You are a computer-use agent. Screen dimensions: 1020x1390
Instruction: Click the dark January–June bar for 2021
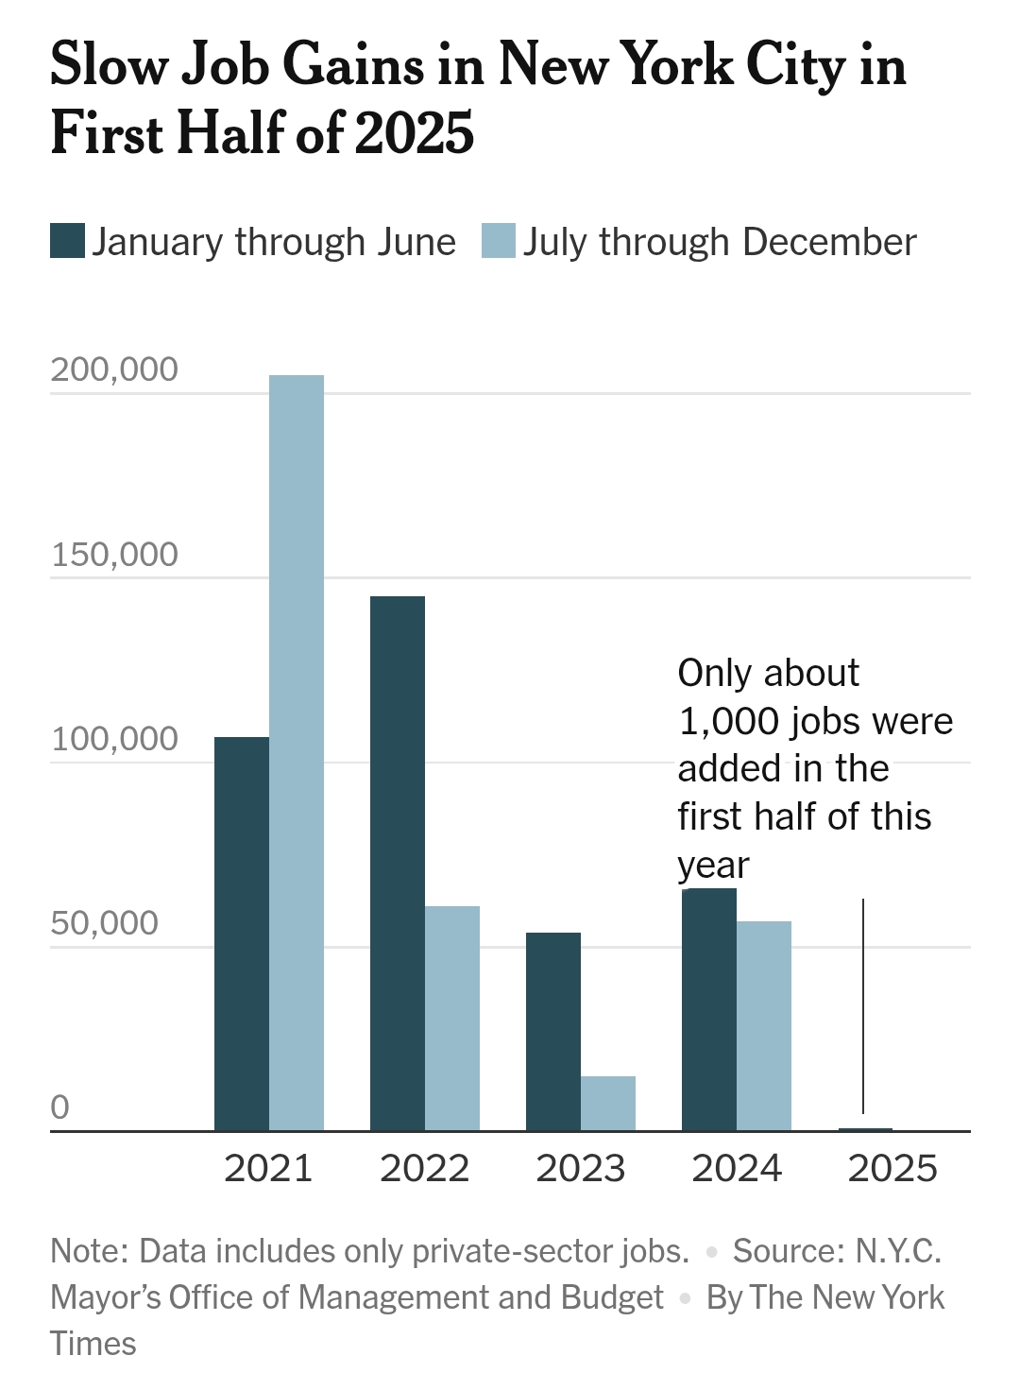coord(242,934)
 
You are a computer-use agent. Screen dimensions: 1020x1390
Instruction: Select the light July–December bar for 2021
coord(297,753)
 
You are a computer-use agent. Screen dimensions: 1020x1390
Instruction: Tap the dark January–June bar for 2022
coord(398,864)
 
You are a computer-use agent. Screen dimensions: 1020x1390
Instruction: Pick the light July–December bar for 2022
coord(452,1019)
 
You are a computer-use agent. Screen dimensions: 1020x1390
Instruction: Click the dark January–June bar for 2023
coord(553,1032)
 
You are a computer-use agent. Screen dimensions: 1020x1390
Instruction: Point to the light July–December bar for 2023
coord(607,1104)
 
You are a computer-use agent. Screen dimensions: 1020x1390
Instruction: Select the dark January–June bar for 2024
coord(709,1009)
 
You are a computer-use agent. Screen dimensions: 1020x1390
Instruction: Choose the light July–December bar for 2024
coord(764,1026)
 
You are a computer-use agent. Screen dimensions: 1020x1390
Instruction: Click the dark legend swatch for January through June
coord(67,241)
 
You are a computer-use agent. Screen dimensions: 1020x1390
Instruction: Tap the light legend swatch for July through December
coord(499,241)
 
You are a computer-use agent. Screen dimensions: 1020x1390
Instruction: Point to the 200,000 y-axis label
coord(114,369)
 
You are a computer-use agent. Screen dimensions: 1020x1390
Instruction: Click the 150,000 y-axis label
coord(114,554)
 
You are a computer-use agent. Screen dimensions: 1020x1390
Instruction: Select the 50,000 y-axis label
coord(104,923)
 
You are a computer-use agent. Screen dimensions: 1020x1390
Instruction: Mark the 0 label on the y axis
coord(59,1107)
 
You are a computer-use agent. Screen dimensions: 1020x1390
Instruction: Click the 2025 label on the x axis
coord(892,1169)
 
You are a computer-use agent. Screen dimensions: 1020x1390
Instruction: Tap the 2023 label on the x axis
coord(581,1169)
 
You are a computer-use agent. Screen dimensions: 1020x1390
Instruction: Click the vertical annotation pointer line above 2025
coord(863,1006)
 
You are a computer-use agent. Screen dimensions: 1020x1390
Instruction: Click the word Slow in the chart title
coord(110,64)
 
